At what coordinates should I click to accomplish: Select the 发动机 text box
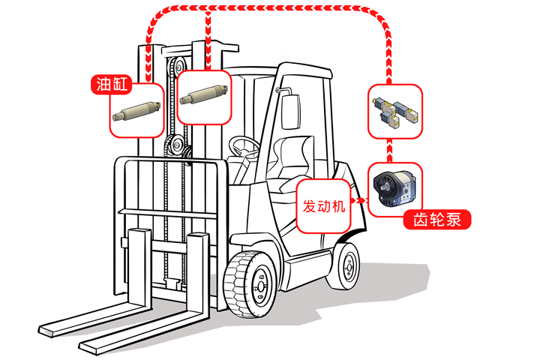[x=324, y=205]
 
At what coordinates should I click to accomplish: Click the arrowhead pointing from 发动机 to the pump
[x=364, y=201]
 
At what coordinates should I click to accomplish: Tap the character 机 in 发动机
[x=338, y=205]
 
